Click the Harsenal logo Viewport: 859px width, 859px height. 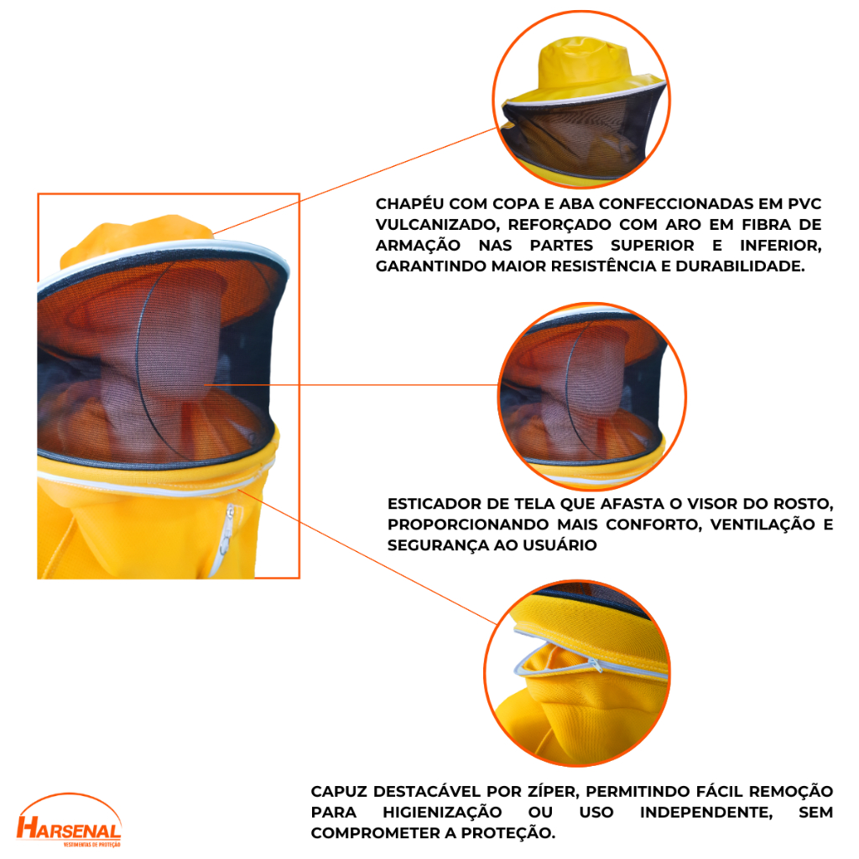pyautogui.click(x=69, y=820)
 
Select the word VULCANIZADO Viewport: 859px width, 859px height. pyautogui.click(x=438, y=225)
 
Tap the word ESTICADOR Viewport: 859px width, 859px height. pyautogui.click(x=436, y=504)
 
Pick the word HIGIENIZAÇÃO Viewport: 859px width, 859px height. pyautogui.click(x=442, y=812)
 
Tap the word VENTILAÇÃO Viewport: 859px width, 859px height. pyautogui.click(x=763, y=524)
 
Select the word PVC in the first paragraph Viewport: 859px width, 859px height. pyautogui.click(x=804, y=204)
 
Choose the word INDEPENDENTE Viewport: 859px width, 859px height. pyautogui.click(x=706, y=812)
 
